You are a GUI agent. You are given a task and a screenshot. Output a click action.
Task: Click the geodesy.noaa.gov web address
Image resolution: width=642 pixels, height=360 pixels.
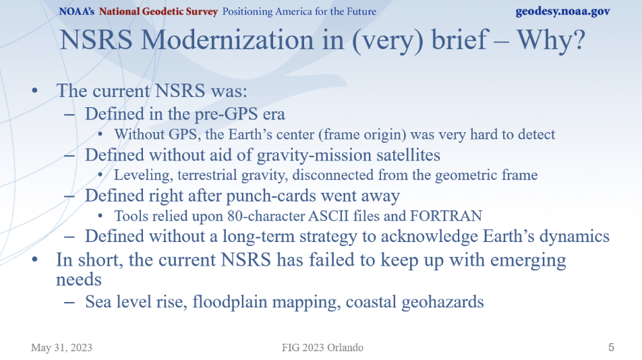pos(562,11)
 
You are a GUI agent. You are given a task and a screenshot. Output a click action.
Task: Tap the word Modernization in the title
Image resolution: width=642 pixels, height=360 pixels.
pos(229,40)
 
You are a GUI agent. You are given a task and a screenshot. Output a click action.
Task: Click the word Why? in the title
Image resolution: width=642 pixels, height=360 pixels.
pos(551,40)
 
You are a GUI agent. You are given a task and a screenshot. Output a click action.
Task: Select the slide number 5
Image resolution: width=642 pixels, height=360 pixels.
pos(611,347)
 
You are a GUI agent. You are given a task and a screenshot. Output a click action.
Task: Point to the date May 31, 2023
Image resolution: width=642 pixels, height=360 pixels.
pos(61,348)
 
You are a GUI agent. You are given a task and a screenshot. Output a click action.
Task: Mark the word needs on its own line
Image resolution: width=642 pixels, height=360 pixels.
pos(79,280)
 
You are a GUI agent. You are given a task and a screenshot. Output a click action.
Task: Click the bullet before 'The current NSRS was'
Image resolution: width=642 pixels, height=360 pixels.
pos(35,91)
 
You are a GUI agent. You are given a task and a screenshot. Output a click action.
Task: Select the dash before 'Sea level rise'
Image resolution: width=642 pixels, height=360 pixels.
pos(69,303)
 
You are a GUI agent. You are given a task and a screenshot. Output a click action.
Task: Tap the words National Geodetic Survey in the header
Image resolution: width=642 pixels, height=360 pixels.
pos(158,11)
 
